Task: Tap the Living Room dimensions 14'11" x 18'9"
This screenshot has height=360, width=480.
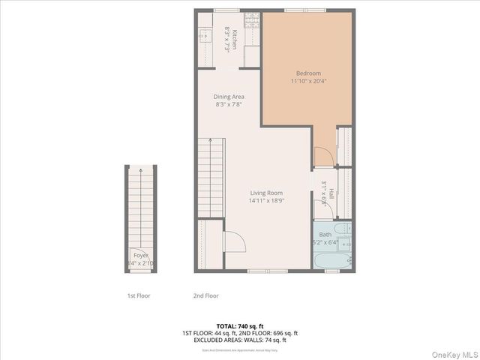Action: point(267,200)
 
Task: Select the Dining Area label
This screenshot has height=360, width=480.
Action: point(229,97)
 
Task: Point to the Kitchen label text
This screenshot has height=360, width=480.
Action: point(234,38)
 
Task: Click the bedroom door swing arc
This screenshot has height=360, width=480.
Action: point(322,156)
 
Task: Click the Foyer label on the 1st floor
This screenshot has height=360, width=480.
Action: point(140,256)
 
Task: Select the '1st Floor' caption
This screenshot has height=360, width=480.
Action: point(138,295)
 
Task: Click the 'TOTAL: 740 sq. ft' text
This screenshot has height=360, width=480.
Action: point(239,325)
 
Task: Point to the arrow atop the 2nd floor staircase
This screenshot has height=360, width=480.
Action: point(210,140)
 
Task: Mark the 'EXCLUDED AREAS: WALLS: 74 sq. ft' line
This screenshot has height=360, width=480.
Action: point(239,340)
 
